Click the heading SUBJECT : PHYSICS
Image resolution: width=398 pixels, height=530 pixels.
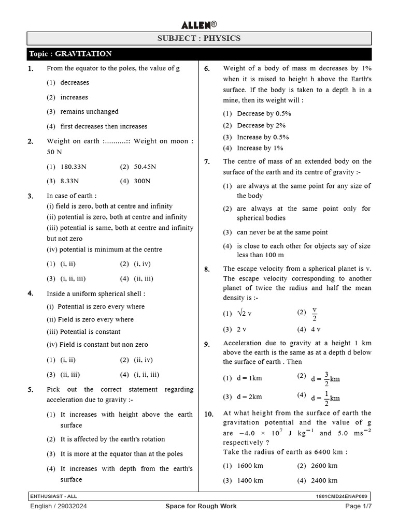pos(199,38)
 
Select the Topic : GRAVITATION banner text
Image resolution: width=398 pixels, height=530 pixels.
pos(70,54)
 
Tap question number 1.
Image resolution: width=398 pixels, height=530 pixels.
pos(31,69)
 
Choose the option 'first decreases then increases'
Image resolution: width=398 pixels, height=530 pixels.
pos(104,126)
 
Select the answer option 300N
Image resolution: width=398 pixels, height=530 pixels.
pos(142,181)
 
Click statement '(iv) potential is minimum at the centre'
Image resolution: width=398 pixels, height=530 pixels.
pos(104,249)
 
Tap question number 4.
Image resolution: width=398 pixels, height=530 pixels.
pos(31,293)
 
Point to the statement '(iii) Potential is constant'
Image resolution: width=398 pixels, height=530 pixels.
pos(83,332)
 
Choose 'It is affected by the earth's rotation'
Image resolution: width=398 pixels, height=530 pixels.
pos(112,439)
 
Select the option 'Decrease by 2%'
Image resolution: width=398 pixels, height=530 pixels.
pos(261,125)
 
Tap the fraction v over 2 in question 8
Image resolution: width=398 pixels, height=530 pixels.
pos(314,314)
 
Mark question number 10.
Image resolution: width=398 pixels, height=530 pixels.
pos(209,414)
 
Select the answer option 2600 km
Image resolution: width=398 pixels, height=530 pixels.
pos(324,466)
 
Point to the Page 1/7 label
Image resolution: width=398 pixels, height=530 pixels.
pos(359,507)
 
